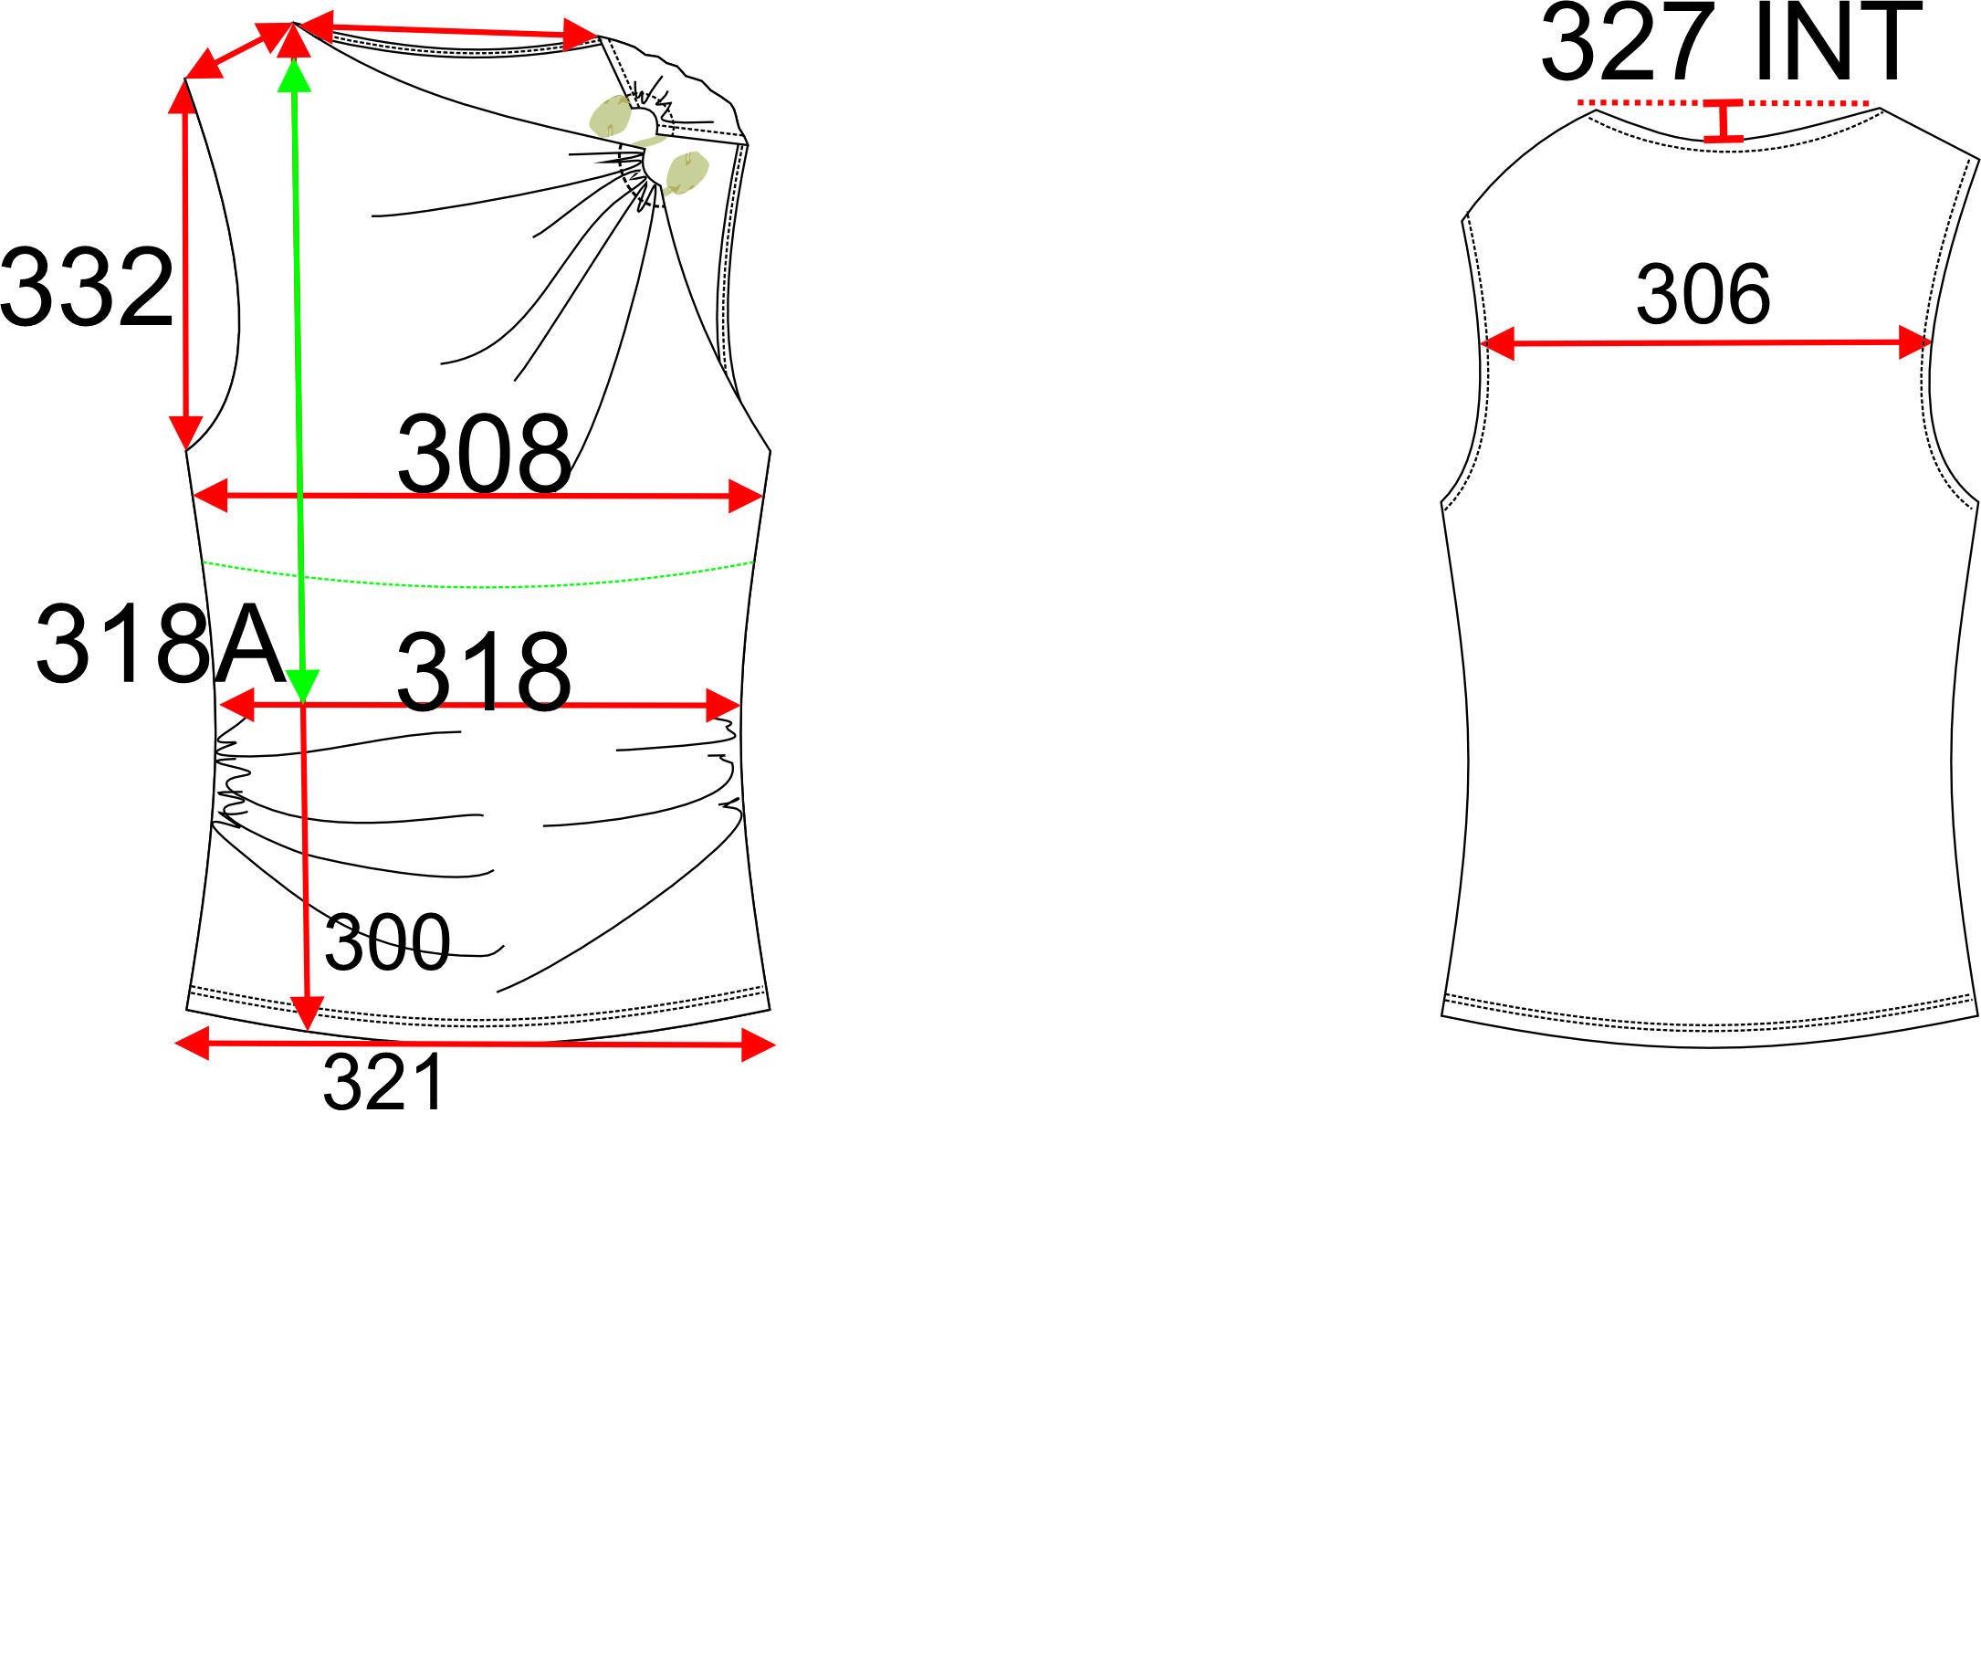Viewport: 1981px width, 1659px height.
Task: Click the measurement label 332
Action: coord(87,287)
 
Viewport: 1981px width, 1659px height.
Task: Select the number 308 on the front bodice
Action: coord(484,454)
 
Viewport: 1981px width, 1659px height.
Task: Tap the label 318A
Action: coord(161,644)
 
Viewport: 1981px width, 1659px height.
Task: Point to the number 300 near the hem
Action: coord(387,941)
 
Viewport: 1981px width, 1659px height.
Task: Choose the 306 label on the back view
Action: coord(1703,296)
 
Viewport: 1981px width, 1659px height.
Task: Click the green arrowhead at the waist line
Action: coord(303,686)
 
